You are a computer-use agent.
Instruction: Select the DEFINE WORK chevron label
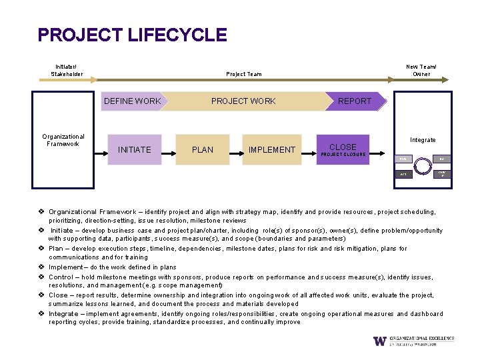[131, 101]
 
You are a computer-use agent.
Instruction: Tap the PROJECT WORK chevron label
[243, 101]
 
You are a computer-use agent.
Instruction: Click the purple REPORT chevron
[354, 101]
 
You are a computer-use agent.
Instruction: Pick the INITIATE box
[135, 149]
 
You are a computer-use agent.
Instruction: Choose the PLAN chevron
[203, 149]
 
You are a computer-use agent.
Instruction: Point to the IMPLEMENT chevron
[271, 149]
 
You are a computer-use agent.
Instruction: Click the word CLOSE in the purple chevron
[343, 147]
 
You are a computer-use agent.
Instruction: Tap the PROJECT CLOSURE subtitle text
[343, 155]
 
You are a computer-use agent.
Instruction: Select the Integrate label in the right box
[423, 140]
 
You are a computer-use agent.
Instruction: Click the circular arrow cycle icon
[423, 167]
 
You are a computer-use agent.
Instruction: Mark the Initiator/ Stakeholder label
[67, 70]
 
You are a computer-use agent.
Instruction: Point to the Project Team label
[243, 74]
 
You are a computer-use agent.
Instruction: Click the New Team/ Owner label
[421, 70]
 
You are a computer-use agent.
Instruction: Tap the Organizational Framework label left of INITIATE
[63, 140]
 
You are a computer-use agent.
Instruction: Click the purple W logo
[379, 341]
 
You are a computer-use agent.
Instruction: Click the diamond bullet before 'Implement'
[41, 267]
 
